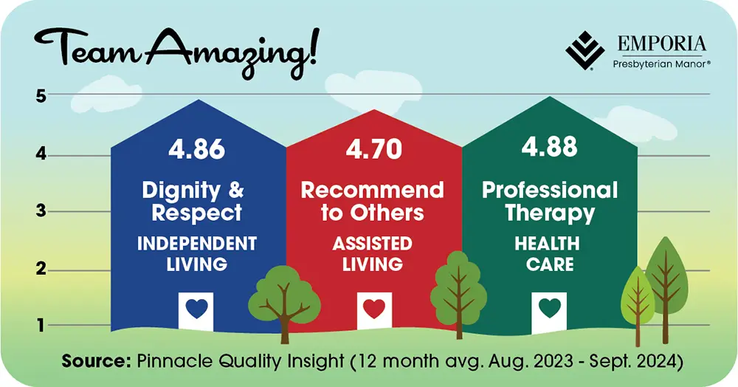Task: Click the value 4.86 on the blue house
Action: click(x=196, y=148)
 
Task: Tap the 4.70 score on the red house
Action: click(x=373, y=148)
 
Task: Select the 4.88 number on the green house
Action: click(x=549, y=146)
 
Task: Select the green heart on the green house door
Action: click(x=549, y=308)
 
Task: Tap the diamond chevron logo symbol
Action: click(x=584, y=49)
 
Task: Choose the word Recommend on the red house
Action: click(x=373, y=191)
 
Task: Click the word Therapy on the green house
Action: click(x=550, y=213)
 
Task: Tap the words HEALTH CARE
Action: click(x=549, y=253)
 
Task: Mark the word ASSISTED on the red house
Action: click(x=373, y=244)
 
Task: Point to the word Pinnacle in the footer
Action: click(x=172, y=362)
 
